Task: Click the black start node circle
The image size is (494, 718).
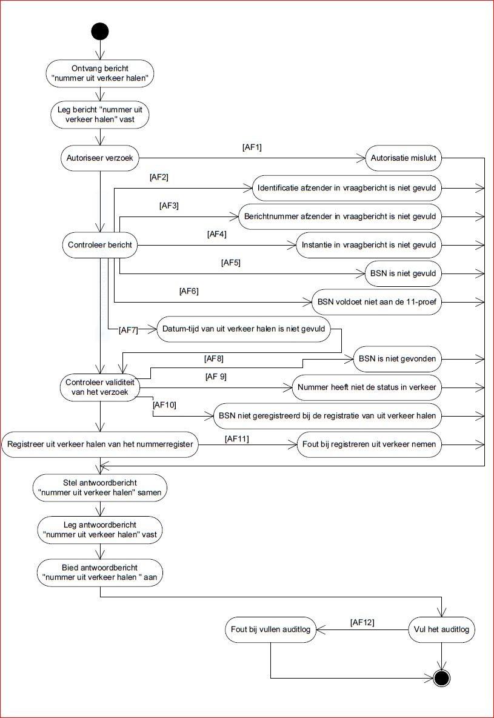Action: [x=100, y=32]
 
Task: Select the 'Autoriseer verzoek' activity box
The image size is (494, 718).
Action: [x=100, y=158]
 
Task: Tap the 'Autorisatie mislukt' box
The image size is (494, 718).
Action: [x=403, y=158]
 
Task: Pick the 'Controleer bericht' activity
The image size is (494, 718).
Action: [x=100, y=245]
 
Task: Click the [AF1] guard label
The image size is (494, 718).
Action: [x=252, y=147]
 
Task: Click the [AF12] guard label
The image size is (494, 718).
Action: [x=362, y=622]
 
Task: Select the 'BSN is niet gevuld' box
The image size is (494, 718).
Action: [x=403, y=273]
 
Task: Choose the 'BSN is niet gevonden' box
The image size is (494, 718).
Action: [x=398, y=359]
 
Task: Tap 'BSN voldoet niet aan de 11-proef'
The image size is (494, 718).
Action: [x=377, y=302]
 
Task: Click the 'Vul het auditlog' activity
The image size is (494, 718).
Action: [x=441, y=629]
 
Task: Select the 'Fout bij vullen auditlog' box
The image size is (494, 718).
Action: [x=270, y=629]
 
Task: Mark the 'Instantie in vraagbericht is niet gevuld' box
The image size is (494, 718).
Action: [x=369, y=245]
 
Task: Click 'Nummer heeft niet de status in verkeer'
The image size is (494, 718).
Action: [x=367, y=388]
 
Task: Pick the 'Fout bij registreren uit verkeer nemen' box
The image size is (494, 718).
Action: [x=369, y=444]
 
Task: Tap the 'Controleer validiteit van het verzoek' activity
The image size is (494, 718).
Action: [x=100, y=388]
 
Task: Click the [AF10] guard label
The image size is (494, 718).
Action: [x=162, y=405]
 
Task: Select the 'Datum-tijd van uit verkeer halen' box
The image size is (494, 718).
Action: [x=244, y=329]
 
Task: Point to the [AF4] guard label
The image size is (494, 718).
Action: [x=217, y=235]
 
